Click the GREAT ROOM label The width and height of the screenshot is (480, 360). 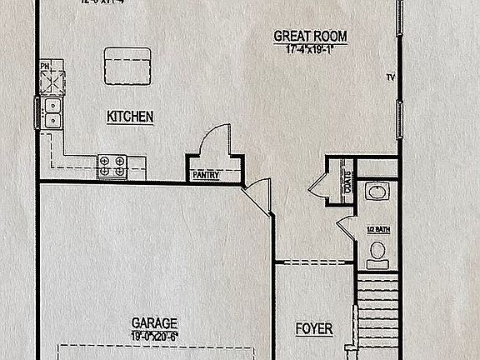[x=311, y=36]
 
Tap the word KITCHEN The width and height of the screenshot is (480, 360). [x=129, y=117]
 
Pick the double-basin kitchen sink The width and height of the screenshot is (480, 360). [x=52, y=112]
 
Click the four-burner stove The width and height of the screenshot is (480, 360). [x=112, y=167]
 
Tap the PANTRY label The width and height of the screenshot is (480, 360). [x=205, y=176]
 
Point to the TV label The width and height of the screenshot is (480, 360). [x=389, y=78]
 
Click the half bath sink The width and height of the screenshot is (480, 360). [x=377, y=193]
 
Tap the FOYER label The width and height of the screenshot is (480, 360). [x=314, y=329]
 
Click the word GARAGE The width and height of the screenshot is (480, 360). [x=154, y=322]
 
